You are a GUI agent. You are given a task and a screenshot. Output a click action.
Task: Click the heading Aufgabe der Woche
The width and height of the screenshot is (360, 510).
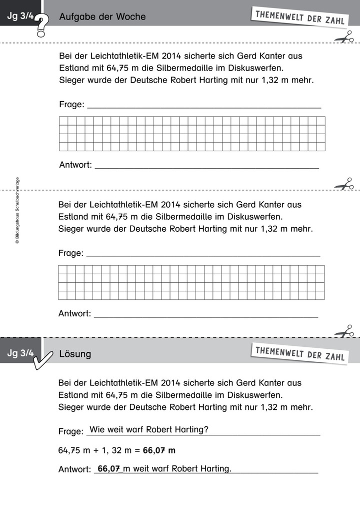point(102,17)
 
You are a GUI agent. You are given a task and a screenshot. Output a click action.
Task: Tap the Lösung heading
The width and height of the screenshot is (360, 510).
point(75,354)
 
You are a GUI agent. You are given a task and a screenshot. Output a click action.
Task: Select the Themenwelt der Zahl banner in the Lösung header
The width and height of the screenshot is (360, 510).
point(299,353)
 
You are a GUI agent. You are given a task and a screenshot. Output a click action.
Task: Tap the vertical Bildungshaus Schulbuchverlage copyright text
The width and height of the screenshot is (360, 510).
point(17,211)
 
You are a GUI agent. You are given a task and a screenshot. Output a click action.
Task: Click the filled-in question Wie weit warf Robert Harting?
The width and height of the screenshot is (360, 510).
point(148,429)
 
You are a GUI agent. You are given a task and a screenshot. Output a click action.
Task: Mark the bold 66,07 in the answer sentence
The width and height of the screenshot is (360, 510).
point(109,469)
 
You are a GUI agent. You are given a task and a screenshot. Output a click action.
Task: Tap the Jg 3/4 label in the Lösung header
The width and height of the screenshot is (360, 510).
point(20,354)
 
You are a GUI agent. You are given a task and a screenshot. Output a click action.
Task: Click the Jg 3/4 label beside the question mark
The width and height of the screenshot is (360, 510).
point(20,17)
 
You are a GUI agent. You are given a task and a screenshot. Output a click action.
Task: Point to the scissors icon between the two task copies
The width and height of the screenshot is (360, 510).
point(343,185)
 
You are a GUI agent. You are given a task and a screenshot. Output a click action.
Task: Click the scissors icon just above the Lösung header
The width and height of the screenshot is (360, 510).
point(343,331)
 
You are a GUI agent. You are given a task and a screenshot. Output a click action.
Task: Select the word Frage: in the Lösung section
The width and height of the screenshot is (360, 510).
point(70,431)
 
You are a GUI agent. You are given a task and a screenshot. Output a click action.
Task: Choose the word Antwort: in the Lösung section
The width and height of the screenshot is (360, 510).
point(74,469)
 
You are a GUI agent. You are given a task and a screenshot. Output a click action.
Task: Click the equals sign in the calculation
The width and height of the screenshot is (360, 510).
point(137,450)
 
